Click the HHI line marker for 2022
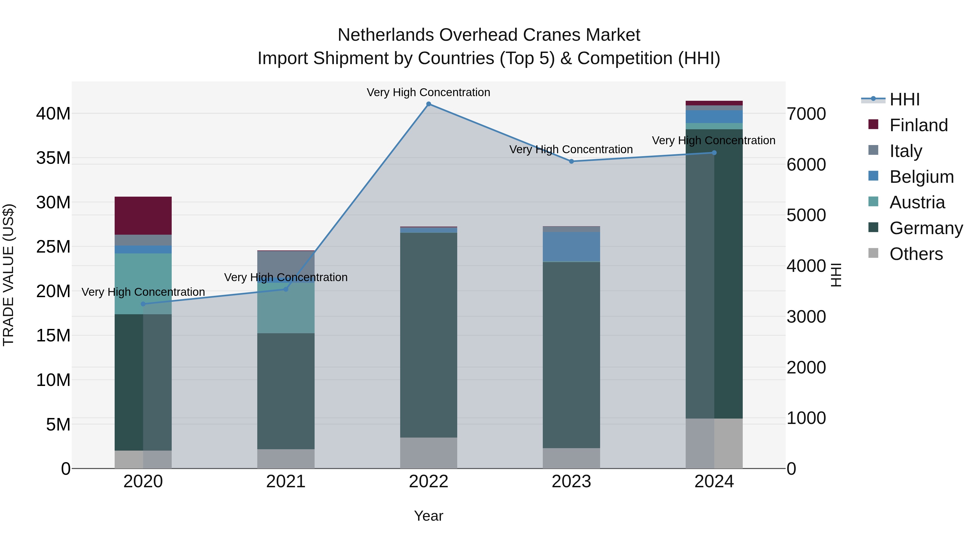point(429,104)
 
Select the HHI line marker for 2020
point(143,304)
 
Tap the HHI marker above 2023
point(571,161)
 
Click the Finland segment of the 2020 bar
point(143,216)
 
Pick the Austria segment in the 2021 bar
point(286,308)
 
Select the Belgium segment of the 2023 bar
point(571,247)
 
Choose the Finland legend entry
point(919,125)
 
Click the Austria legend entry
point(917,202)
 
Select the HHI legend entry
point(904,99)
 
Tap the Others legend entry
point(916,254)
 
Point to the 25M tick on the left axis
point(53,247)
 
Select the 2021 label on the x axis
point(286,482)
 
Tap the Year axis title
point(429,516)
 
